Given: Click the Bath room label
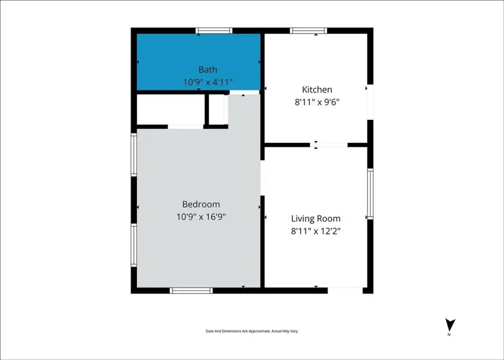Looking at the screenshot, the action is click(208, 69).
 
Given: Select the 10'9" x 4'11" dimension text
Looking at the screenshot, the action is click(208, 82).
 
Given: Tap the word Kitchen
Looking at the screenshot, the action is click(317, 90).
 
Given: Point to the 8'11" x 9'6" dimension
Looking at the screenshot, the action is click(317, 102).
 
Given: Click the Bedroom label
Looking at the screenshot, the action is click(201, 204).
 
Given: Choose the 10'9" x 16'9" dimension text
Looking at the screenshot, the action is click(201, 217).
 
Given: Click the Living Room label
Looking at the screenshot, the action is click(315, 219).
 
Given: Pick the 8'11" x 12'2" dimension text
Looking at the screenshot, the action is click(315, 231).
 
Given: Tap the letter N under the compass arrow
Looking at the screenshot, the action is click(449, 335).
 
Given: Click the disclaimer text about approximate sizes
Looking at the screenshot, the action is click(252, 331).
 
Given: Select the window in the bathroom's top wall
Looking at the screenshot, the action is click(214, 31).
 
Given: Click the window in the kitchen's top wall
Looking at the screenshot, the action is click(309, 31).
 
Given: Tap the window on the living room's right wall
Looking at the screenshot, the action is click(370, 194).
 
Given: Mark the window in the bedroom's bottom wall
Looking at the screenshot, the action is click(191, 291).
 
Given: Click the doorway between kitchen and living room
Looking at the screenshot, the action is click(329, 145).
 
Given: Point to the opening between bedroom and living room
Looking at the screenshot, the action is click(262, 178).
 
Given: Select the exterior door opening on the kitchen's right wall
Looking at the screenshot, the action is click(370, 102).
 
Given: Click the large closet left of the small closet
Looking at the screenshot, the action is click(171, 109).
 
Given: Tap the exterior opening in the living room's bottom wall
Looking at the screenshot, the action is click(345, 291).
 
